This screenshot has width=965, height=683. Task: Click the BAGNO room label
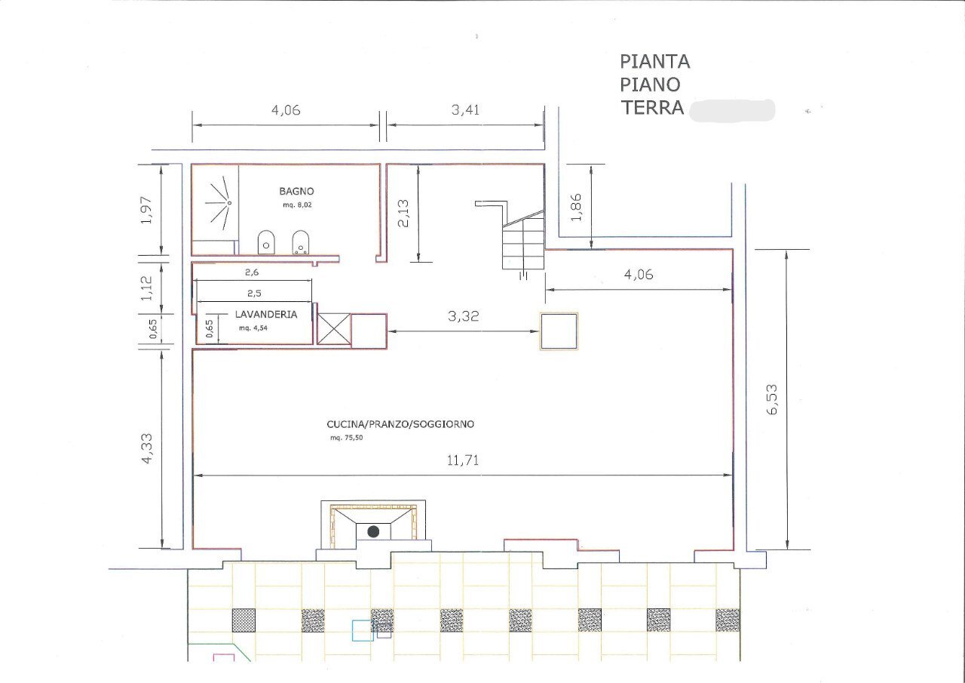[296, 192]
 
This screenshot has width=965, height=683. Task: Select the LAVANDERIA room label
[265, 314]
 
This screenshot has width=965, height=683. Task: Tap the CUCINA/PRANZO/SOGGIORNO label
[400, 424]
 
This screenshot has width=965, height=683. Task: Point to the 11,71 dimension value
[464, 460]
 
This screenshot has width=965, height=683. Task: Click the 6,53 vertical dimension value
[771, 400]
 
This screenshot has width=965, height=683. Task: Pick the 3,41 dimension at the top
[465, 109]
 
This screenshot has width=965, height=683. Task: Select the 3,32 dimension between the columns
[463, 317]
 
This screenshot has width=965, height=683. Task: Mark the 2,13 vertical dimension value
[403, 213]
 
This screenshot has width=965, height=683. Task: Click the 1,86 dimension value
[577, 207]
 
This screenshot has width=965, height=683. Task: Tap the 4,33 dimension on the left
[147, 448]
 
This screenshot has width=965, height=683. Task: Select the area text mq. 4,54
[254, 328]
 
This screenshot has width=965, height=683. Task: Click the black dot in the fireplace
[373, 531]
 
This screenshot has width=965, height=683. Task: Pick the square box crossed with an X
[333, 329]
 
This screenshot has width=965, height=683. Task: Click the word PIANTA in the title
[654, 61]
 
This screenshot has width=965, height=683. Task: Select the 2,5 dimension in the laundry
[253, 293]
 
